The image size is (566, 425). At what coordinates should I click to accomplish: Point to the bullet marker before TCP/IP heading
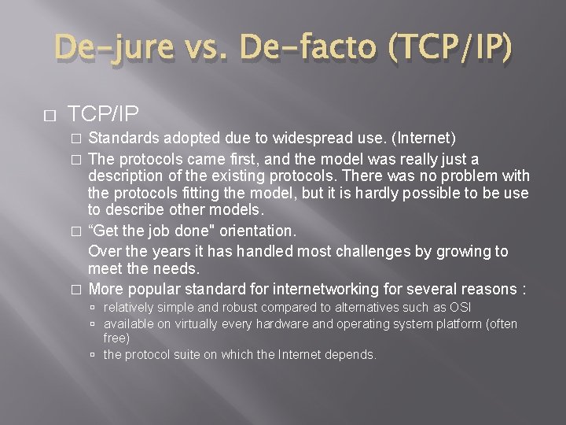pyautogui.click(x=50, y=116)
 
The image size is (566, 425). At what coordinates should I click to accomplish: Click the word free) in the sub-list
pyautogui.click(x=117, y=337)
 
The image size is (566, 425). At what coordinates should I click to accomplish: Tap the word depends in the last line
pyautogui.click(x=355, y=355)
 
